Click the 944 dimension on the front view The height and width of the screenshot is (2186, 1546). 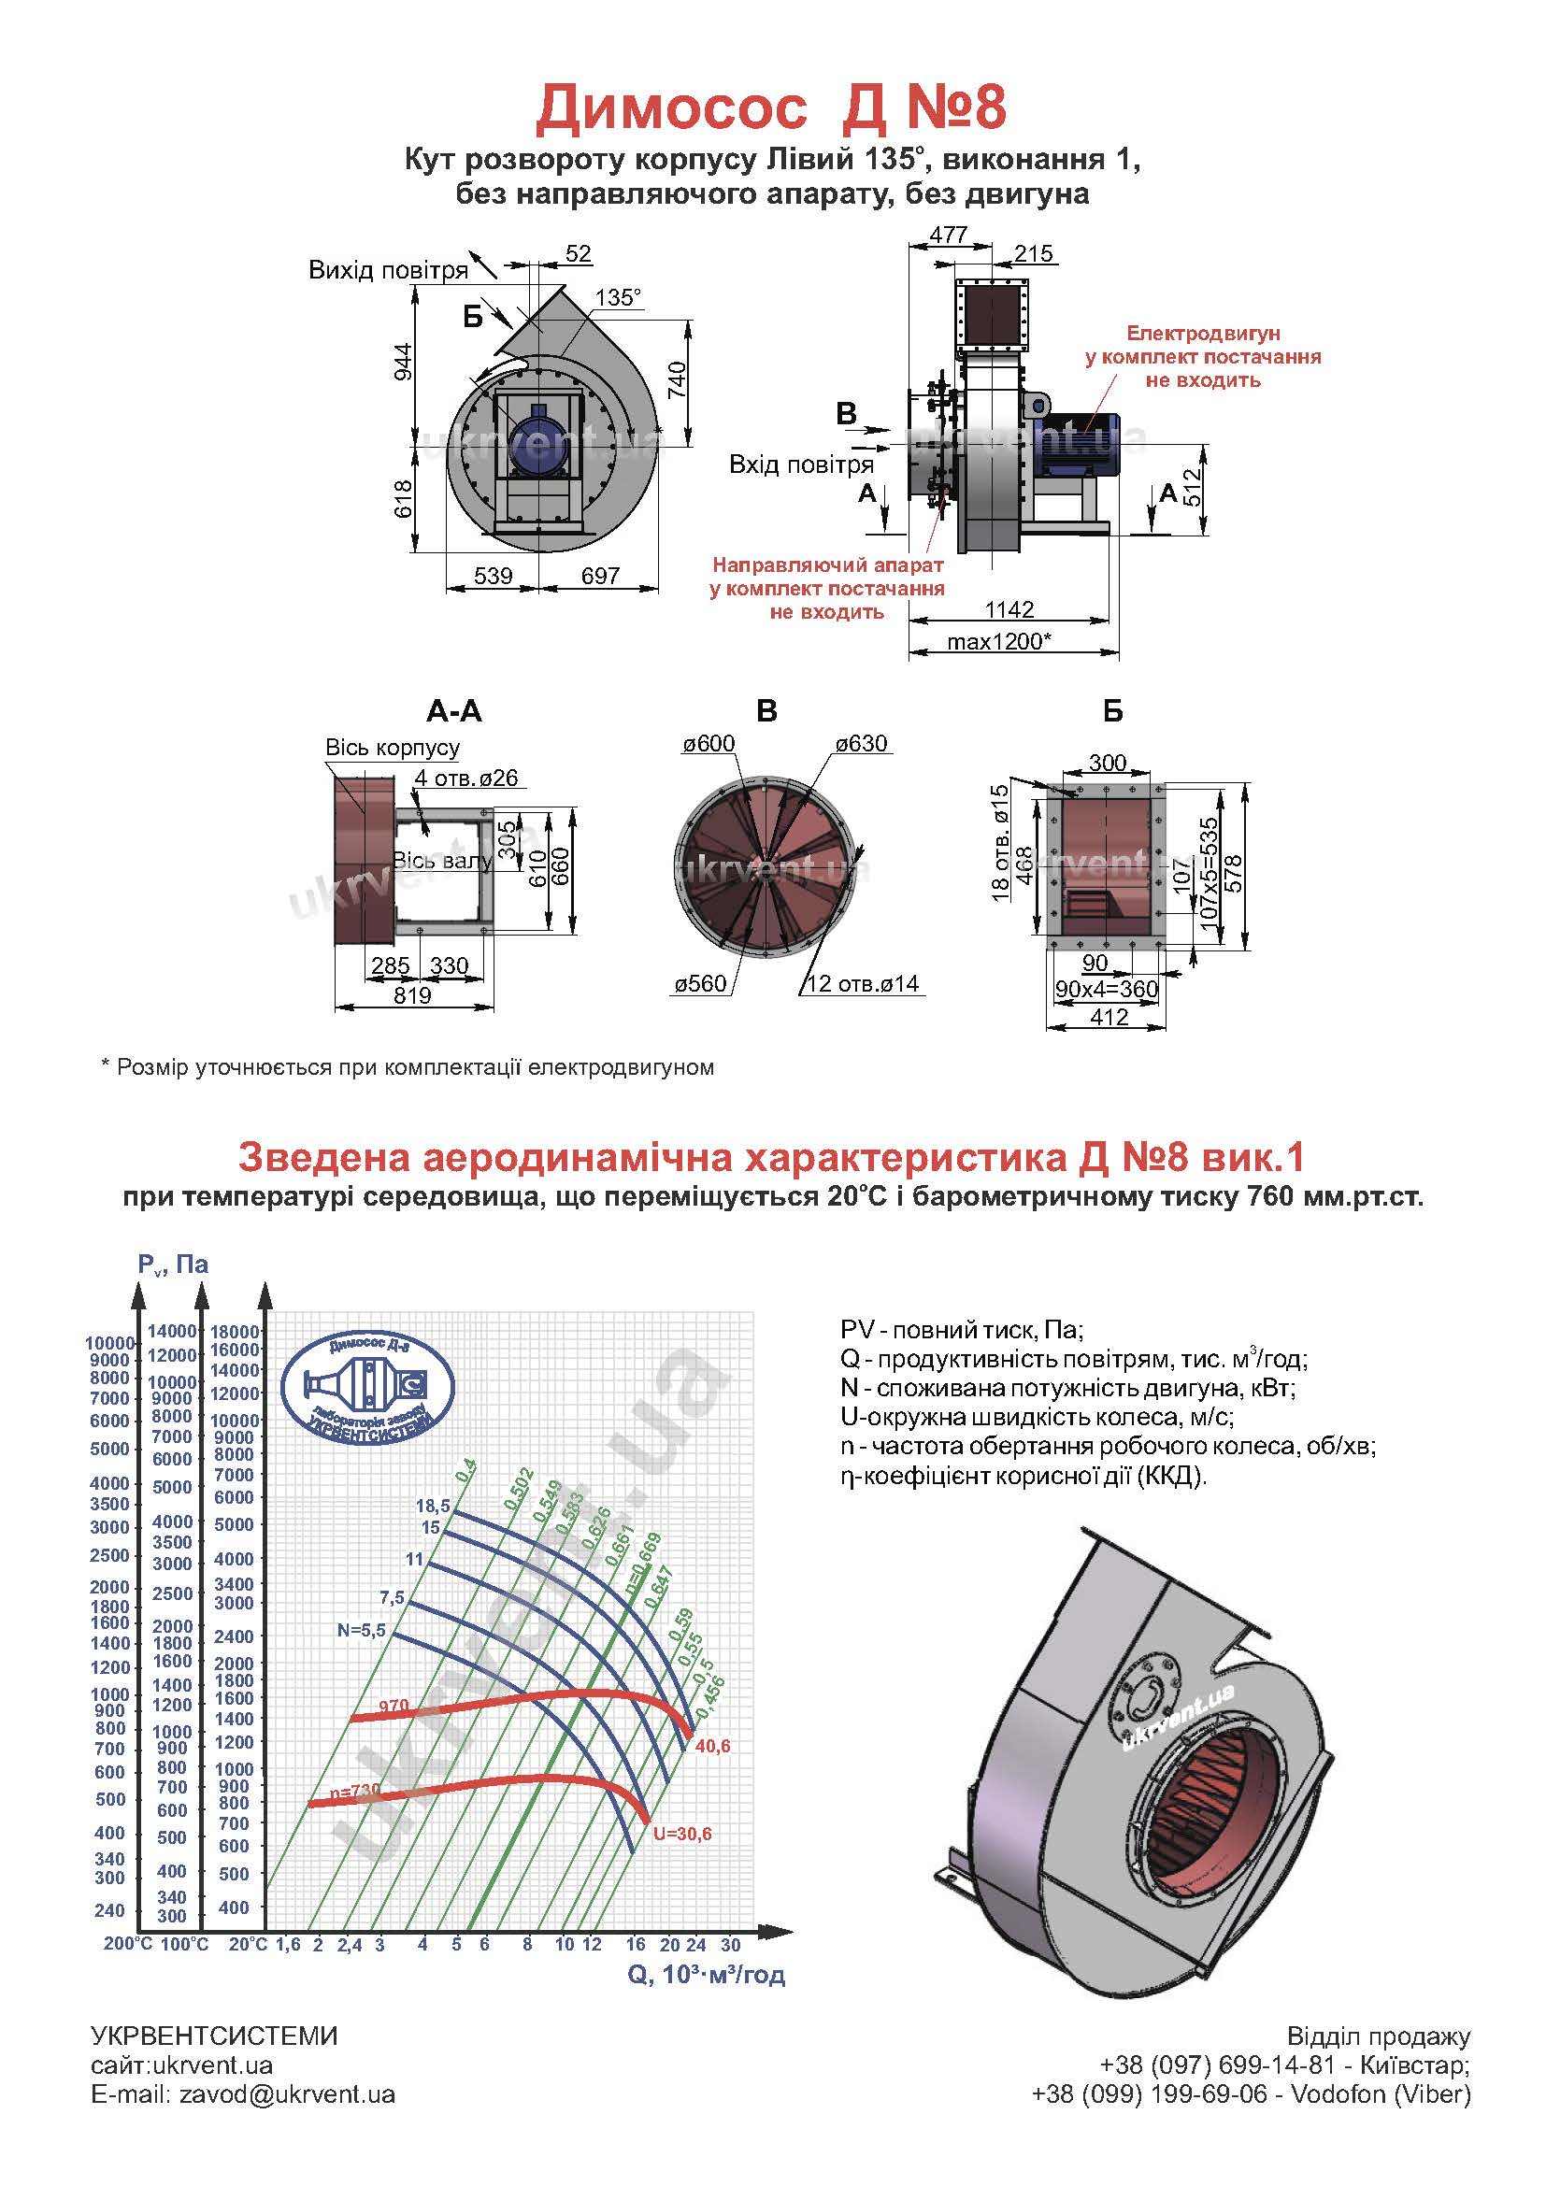click(404, 362)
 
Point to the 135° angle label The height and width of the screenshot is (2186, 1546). click(618, 298)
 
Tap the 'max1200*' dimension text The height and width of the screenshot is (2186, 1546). click(998, 641)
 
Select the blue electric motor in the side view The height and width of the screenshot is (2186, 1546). click(1077, 446)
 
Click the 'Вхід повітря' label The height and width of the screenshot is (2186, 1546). click(801, 464)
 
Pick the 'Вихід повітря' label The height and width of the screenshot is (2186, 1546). click(389, 270)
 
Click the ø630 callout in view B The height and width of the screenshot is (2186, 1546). click(862, 744)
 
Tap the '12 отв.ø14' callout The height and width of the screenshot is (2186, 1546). click(863, 983)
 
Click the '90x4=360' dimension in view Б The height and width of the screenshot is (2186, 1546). click(1106, 989)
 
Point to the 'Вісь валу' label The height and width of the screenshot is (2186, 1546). click(442, 862)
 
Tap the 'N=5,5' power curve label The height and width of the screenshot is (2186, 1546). click(361, 1630)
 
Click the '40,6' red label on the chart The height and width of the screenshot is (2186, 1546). click(713, 1746)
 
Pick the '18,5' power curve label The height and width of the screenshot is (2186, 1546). click(432, 1506)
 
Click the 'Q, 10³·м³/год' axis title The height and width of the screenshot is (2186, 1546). click(706, 1974)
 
